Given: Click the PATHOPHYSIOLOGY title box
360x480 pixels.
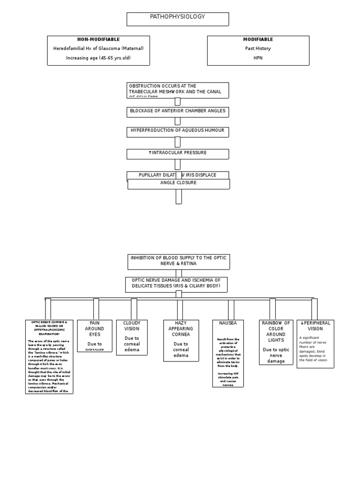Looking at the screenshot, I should point(178,19).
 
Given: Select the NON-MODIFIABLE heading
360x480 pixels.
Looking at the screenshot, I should point(98,39).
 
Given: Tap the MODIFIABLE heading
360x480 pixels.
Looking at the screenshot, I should point(258,39).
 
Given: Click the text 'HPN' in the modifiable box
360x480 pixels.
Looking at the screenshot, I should point(258,58).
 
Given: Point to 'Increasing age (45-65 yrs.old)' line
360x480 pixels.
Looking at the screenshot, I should point(98,58).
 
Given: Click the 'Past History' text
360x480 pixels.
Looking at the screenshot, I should point(258,48).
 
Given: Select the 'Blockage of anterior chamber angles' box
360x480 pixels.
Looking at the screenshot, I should point(178,112).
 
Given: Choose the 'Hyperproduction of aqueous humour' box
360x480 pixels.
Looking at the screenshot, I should point(178,132).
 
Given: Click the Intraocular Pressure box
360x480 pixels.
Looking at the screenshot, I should point(178,154).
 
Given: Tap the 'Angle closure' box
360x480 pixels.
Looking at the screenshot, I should point(179,184).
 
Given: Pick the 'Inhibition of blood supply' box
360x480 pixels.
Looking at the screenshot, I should point(179,262).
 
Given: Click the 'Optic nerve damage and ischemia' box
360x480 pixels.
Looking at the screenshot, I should point(176,284).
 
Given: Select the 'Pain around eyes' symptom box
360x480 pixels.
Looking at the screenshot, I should point(95,336).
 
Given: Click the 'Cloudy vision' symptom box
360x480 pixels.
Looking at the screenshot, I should point(132,337).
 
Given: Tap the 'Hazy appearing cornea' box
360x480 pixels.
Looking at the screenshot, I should point(181,340).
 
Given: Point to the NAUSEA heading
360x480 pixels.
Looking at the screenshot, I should point(228,323).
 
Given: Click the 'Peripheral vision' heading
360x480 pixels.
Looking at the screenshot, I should point(315,326).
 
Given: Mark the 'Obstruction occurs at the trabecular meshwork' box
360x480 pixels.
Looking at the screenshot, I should point(178,90).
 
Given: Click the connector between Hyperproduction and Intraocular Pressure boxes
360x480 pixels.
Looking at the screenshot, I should point(178,142).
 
